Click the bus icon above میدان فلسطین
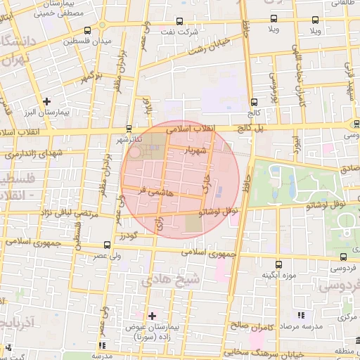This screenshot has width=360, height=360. pyautogui.click(x=86, y=31)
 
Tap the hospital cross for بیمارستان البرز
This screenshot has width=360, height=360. pyautogui.click(x=47, y=101)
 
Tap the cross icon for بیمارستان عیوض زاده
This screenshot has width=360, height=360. pyautogui.click(x=152, y=316)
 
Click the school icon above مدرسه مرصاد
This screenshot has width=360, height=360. pyautogui.click(x=302, y=316)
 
